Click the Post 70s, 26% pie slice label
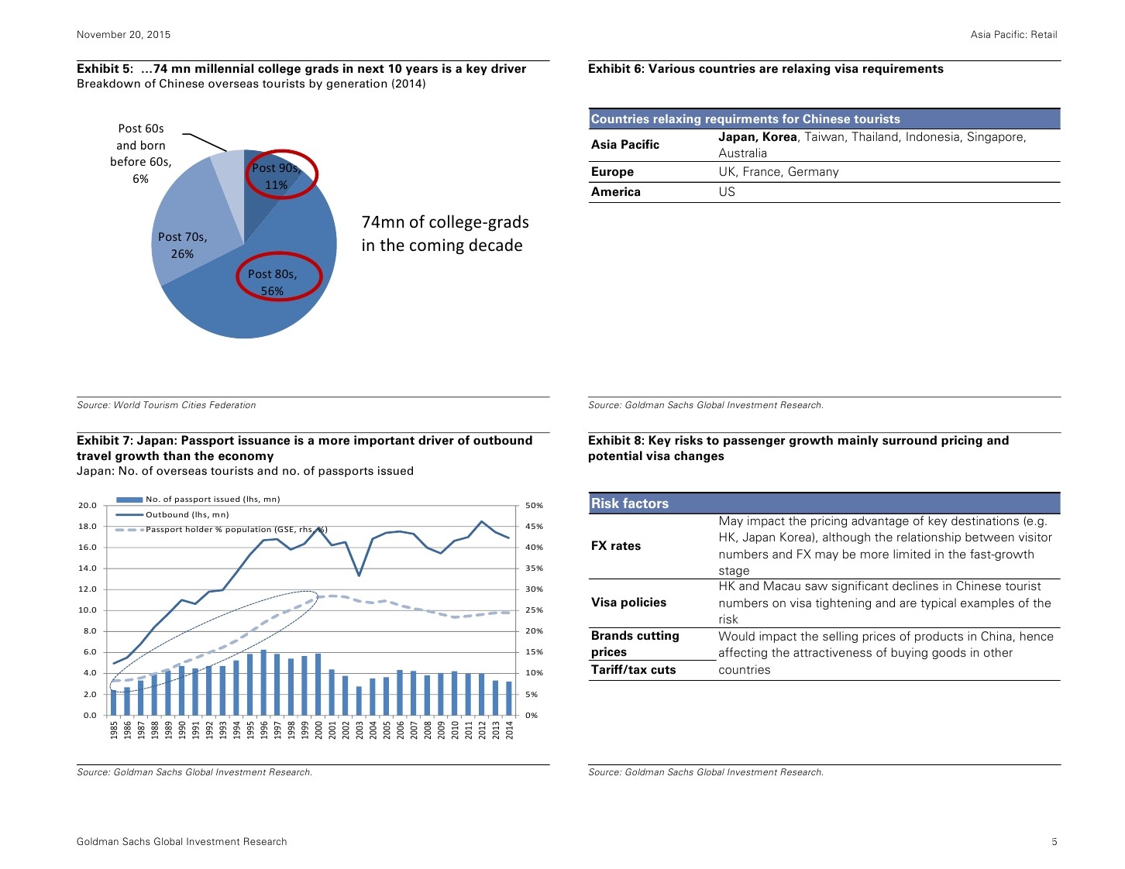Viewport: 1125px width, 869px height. click(x=182, y=246)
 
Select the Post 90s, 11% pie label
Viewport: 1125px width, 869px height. click(x=276, y=177)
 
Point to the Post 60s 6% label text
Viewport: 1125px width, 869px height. click(x=141, y=153)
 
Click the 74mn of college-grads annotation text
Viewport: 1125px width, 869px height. click(x=445, y=233)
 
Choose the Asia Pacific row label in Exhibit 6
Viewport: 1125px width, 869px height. click(x=625, y=145)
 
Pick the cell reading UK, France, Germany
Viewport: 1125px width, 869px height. click(x=778, y=172)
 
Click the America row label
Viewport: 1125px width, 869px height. click(x=616, y=192)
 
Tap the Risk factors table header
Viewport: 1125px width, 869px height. click(x=630, y=503)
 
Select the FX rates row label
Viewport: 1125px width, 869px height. click(x=616, y=546)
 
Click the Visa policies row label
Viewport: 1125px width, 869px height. click(x=628, y=603)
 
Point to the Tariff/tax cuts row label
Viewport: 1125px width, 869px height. click(x=633, y=670)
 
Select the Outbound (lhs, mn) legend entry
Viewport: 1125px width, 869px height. click(x=187, y=515)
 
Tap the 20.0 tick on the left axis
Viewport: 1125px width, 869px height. click(x=88, y=506)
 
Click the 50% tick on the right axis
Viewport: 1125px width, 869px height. click(x=535, y=506)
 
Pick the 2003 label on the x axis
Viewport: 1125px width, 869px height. click(x=360, y=730)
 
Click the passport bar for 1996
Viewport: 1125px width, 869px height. click(x=264, y=682)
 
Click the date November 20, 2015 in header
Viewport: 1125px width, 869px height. click(x=123, y=35)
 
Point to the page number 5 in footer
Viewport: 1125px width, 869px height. click(x=1054, y=842)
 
